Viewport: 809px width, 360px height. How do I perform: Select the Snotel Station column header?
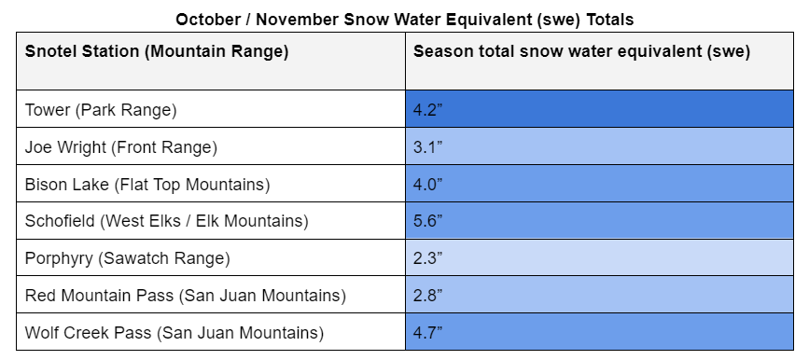click(157, 51)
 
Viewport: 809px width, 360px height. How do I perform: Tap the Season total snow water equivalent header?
click(581, 51)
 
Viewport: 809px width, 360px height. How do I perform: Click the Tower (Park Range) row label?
click(101, 109)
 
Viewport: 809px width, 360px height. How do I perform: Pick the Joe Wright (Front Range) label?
click(120, 146)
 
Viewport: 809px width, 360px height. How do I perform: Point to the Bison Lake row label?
click(147, 184)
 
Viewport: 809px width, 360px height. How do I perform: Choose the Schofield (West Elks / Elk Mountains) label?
click(165, 221)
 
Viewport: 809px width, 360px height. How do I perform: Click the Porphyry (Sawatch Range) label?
click(127, 258)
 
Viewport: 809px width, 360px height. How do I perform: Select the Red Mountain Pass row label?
click(186, 296)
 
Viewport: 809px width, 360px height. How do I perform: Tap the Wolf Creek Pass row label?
click(174, 333)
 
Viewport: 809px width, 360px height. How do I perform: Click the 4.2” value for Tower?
click(426, 109)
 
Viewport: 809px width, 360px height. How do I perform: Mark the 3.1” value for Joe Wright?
click(426, 146)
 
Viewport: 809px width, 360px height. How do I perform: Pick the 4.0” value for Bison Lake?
click(426, 184)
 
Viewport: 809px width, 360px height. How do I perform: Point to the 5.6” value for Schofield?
click(426, 221)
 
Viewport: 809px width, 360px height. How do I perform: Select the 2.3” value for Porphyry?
click(426, 258)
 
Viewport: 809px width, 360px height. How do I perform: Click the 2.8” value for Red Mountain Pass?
click(426, 296)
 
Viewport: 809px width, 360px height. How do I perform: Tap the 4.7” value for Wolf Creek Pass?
click(426, 333)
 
